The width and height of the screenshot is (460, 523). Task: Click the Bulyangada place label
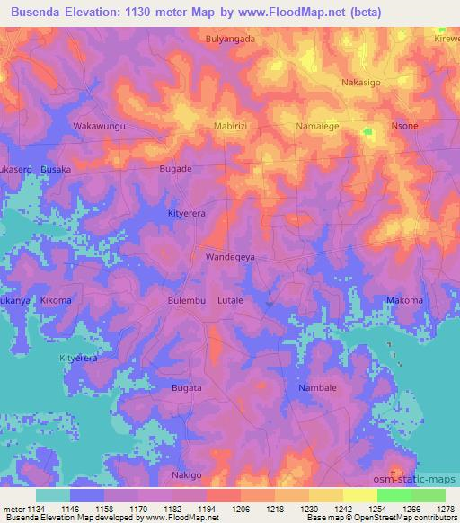[x=230, y=40]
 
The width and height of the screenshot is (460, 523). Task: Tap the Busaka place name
[x=55, y=168]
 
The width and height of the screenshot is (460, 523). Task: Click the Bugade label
[x=175, y=168]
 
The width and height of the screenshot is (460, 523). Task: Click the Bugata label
[x=187, y=387]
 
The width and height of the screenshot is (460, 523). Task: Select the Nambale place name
[x=317, y=387]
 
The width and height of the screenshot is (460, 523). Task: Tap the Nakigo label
[x=187, y=474]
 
